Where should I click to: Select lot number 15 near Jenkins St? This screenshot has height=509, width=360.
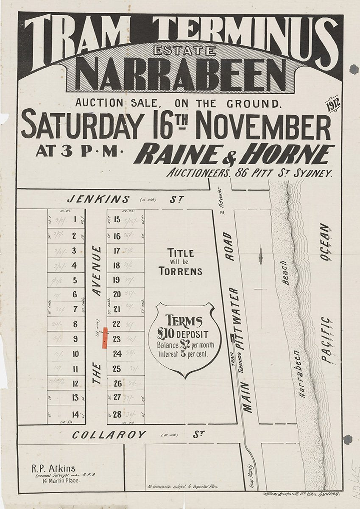click(x=117, y=219)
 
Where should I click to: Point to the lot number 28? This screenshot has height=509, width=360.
click(x=117, y=414)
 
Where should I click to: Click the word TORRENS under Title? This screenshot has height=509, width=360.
click(x=181, y=271)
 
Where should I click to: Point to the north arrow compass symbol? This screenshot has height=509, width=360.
click(x=261, y=257)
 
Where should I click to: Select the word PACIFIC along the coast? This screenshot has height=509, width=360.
click(x=325, y=339)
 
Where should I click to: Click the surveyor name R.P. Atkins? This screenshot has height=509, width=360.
click(x=53, y=469)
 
